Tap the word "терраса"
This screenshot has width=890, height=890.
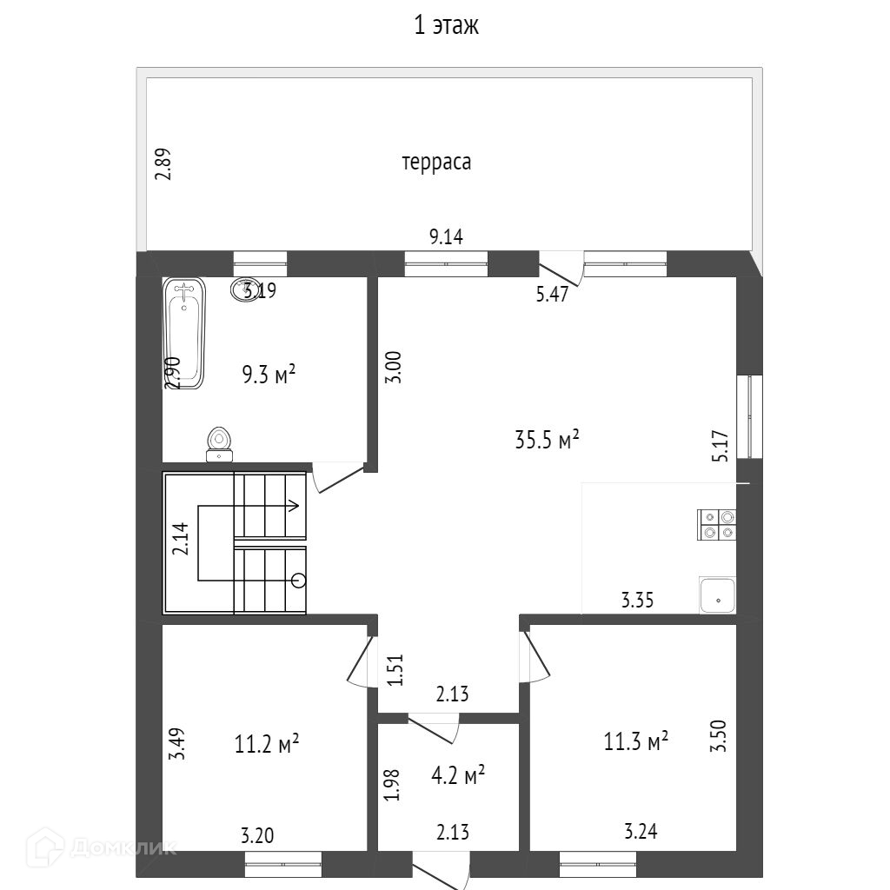[436, 162]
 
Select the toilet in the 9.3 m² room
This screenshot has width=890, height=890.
[220, 444]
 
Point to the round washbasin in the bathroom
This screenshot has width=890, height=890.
[244, 289]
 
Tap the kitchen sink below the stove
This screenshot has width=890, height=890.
[718, 597]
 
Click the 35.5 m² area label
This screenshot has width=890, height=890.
[547, 440]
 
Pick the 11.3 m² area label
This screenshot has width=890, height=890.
[636, 741]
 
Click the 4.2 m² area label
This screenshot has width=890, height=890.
[457, 774]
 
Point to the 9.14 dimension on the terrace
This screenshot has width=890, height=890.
[446, 237]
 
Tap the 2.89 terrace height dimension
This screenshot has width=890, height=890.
[163, 163]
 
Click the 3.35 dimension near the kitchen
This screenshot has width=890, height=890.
[637, 599]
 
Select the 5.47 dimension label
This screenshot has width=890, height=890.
[552, 294]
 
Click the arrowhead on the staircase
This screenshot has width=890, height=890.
[296, 505]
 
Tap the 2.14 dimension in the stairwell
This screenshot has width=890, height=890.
[180, 540]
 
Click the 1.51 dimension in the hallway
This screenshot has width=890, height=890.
[395, 670]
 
